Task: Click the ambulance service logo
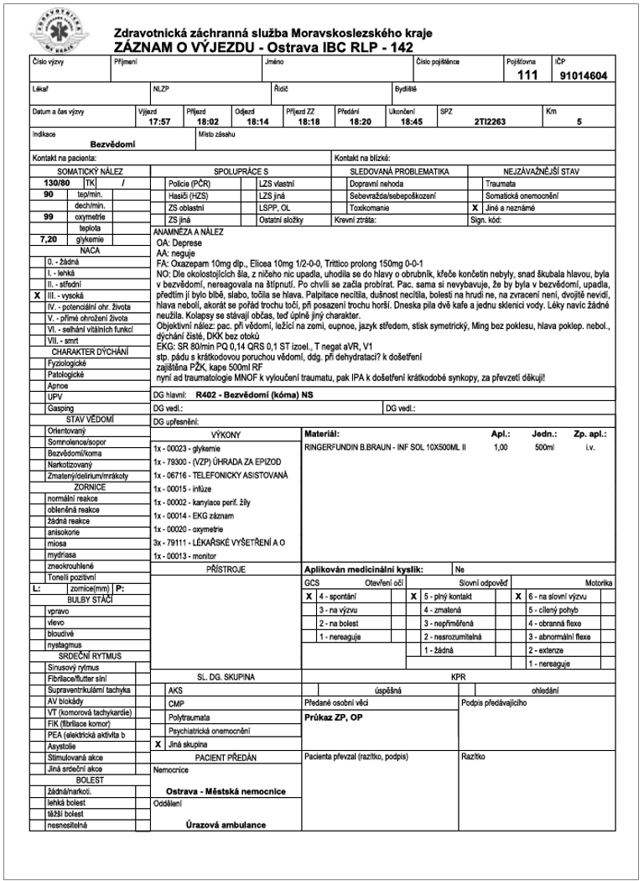click(58, 32)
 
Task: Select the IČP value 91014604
click(584, 76)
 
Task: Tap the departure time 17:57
click(159, 122)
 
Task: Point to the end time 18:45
click(411, 122)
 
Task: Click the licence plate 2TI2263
click(488, 122)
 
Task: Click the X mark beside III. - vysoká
click(37, 295)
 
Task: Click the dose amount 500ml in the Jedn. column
click(544, 448)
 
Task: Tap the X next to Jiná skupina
click(158, 744)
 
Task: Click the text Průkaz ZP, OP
click(333, 718)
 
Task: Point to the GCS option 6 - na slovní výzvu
click(558, 596)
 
